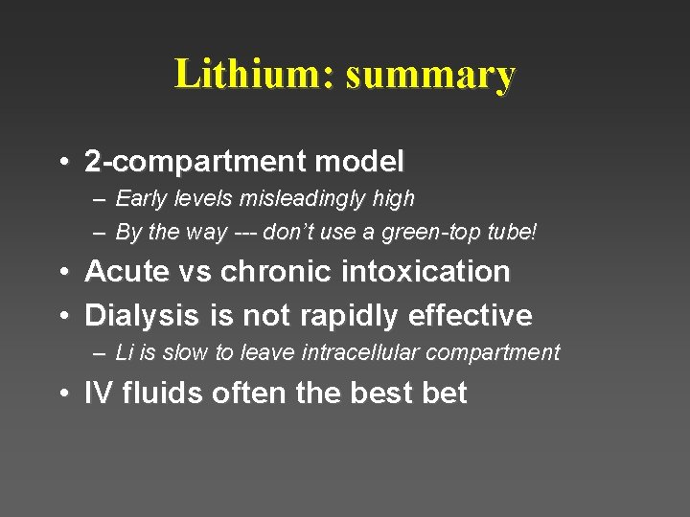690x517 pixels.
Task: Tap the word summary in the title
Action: pos(430,74)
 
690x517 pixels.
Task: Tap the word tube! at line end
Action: pos(514,232)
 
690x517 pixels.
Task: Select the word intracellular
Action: pos(362,352)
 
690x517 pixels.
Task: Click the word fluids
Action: pos(157,393)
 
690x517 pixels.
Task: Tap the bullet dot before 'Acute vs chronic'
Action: pos(62,273)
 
